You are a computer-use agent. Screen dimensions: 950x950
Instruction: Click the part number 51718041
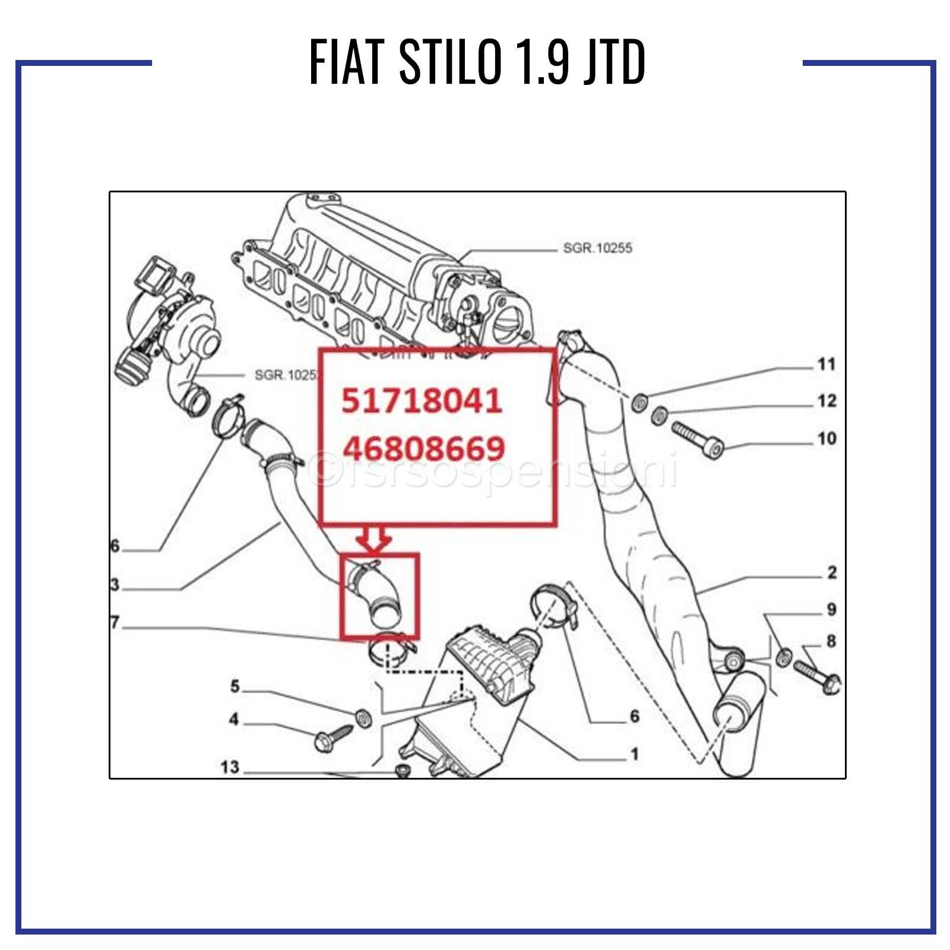422,401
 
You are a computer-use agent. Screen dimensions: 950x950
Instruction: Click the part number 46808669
423,448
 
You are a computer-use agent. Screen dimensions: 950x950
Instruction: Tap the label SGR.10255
597,248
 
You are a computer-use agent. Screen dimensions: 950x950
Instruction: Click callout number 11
826,364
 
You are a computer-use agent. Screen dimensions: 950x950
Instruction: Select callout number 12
826,401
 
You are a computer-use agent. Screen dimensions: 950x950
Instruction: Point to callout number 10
826,439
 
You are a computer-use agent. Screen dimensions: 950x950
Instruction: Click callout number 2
832,572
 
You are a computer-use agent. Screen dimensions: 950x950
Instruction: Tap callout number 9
831,609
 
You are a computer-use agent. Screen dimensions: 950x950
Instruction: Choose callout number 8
831,641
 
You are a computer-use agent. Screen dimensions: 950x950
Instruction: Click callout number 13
230,767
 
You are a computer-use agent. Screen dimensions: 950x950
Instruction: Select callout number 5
235,686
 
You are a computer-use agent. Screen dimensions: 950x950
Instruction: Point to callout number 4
234,719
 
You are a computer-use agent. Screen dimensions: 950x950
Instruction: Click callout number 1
635,754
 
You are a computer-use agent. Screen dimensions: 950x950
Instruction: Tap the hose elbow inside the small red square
380,597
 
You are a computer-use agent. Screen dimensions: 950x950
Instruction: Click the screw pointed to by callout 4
332,739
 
